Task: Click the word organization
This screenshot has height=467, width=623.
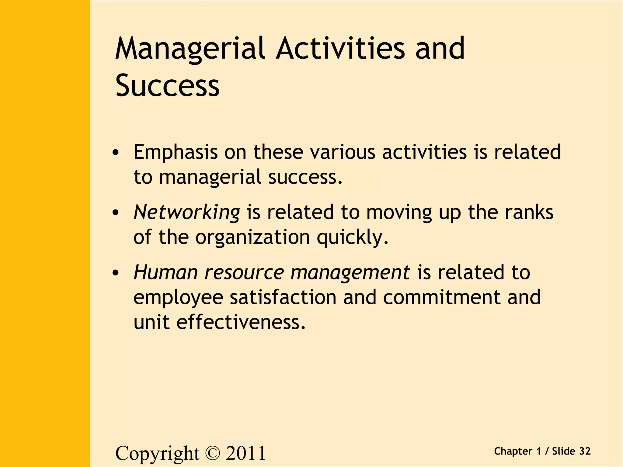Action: coord(252,237)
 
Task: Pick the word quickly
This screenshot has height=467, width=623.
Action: coord(353,237)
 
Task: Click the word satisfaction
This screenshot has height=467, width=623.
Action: coord(283,297)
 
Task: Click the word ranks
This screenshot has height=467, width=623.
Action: coord(529,212)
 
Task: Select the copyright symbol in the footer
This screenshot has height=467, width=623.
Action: coord(212,453)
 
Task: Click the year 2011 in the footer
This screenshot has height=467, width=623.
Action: coord(245,453)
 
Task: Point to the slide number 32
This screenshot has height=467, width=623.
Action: coord(585,451)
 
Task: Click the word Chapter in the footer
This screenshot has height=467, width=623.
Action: coord(513,451)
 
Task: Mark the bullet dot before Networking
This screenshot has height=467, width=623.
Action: coord(115,213)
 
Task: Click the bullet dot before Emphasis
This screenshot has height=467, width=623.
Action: coord(115,153)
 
